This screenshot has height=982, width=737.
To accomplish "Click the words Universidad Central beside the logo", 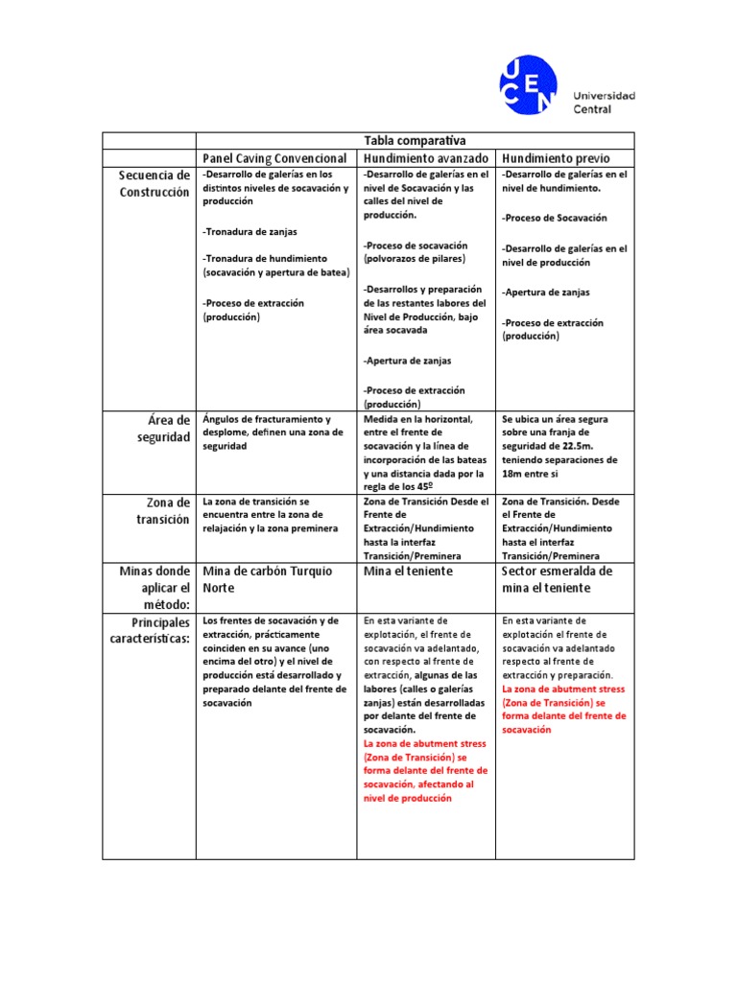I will point(604,103).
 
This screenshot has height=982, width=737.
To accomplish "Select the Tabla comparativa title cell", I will point(415,141).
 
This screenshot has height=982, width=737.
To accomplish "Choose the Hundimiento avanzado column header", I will point(427,158).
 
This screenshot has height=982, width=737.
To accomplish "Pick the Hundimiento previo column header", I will point(556,158).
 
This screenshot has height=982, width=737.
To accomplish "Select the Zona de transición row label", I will point(162,510).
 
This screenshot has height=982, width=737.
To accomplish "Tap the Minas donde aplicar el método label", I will point(155,587).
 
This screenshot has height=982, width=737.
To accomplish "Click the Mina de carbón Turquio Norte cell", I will point(267,579).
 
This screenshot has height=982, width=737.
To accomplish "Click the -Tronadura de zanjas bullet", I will point(250,232).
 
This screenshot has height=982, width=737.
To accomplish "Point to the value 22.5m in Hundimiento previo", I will point(576,446).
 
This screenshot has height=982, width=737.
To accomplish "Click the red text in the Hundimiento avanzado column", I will point(425,770).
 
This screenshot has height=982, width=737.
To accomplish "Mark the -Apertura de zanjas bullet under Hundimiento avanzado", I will point(408,361).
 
